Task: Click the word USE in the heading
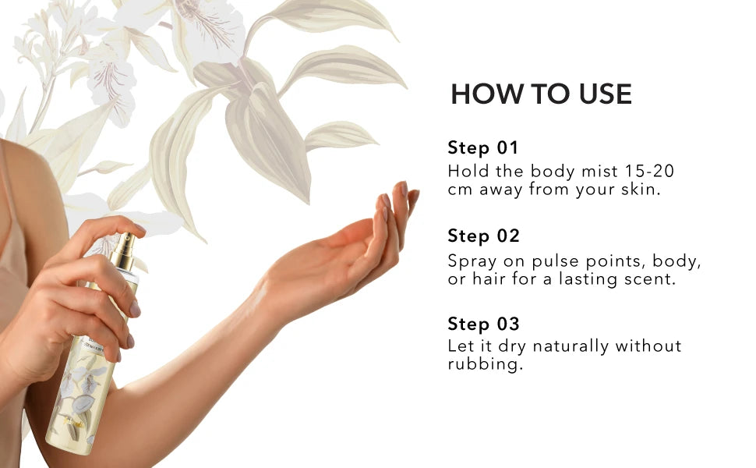(x=606, y=94)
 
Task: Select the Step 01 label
(x=483, y=147)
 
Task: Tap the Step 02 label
(x=483, y=236)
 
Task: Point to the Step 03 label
(x=483, y=324)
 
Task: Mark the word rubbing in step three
(x=485, y=363)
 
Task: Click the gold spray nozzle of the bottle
(x=125, y=251)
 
